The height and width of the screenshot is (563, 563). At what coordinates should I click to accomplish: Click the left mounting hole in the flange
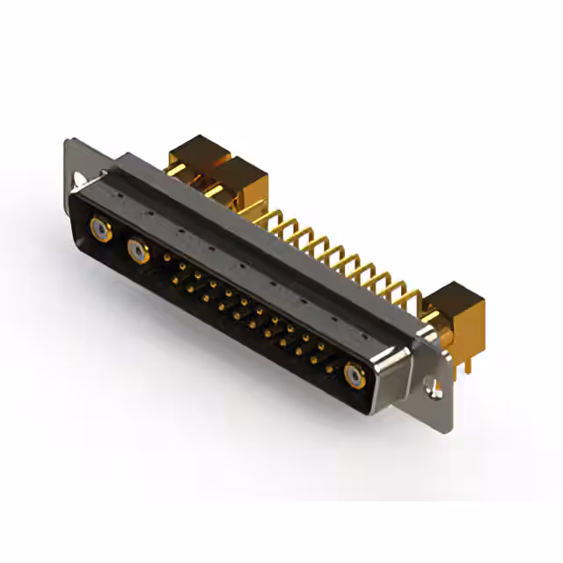[x=80, y=180]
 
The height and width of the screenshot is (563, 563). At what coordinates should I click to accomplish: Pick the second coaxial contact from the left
[x=137, y=253]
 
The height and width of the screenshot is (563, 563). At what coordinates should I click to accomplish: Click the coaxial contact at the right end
[x=355, y=376]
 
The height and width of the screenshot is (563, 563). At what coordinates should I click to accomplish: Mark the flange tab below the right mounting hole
[x=435, y=401]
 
